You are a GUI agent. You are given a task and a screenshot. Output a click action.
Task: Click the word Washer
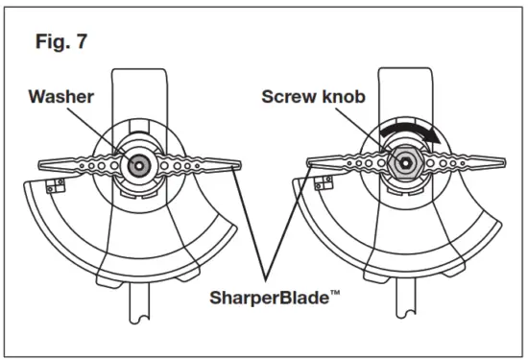[62, 97]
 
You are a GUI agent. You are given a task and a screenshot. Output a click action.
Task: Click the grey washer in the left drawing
[138, 164]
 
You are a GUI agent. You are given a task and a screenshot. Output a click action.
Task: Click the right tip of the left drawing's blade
[236, 166]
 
